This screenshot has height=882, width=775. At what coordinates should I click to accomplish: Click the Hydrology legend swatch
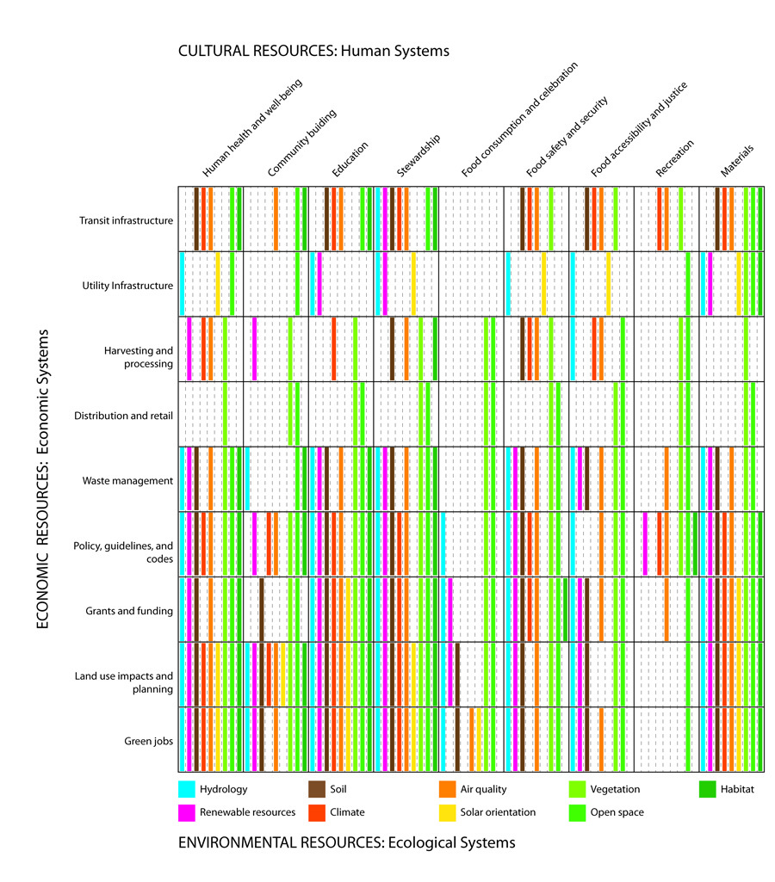coord(187,789)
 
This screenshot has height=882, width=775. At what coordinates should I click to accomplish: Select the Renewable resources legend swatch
coord(187,811)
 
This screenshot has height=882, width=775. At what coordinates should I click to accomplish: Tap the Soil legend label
coord(338,789)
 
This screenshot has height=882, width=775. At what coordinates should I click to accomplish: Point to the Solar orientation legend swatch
coord(447,811)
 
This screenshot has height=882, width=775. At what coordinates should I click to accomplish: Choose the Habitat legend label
coord(739,789)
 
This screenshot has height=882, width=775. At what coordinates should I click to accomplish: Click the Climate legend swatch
coord(317,811)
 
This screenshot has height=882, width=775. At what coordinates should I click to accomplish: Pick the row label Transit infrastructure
coord(126,220)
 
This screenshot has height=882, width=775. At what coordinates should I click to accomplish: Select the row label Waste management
coord(127,480)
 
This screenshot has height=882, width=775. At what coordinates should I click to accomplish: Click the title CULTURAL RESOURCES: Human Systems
coord(313,52)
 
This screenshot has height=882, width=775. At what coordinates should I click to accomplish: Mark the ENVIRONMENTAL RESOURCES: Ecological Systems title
coord(346,842)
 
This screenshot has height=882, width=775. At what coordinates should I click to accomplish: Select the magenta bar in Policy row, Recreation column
coord(646,543)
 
